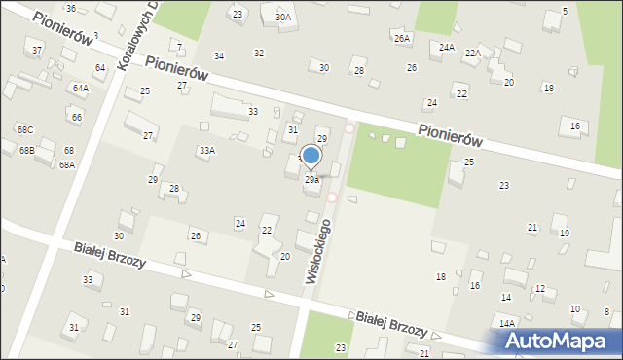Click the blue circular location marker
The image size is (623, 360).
pos(311,156)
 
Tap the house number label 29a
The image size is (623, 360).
pos(311,180)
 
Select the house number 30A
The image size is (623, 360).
pos(282,17)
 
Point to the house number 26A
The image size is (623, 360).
pos(402,38)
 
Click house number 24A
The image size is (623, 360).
pos(447,47)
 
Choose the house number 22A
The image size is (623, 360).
pos(472,54)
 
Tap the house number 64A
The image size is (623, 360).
pos(80,89)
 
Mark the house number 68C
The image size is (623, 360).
pos(24,129)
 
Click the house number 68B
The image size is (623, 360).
pos(26,151)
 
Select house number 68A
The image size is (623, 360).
pos(66,165)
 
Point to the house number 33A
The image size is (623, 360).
pos(206,151)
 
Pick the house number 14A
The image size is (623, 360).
pos(507,323)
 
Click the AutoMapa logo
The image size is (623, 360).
pos(560,341)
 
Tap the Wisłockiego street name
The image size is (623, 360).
pos(319,250)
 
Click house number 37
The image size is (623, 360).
pos(37,50)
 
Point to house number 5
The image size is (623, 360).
pos(566,12)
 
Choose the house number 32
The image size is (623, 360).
pos(259,53)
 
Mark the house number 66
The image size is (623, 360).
pos(76,118)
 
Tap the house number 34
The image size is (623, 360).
pos(219,56)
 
